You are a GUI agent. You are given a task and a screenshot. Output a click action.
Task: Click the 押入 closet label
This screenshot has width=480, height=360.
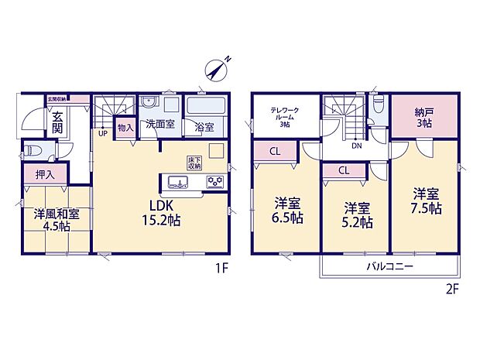tap(45, 175)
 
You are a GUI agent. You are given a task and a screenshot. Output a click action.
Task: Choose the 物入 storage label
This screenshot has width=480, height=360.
tap(125, 126)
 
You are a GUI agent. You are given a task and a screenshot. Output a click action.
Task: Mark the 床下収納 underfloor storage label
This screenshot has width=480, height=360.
tap(194, 163)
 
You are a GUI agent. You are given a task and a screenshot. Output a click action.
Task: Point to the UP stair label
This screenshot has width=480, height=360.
tap(102, 132)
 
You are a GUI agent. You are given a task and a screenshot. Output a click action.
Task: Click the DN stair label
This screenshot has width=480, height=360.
tap(356, 145)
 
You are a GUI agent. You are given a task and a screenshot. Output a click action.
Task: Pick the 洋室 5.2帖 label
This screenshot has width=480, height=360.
tap(357, 215)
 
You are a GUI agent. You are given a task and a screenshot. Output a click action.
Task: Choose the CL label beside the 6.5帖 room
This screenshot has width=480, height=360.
tap(275, 152)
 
